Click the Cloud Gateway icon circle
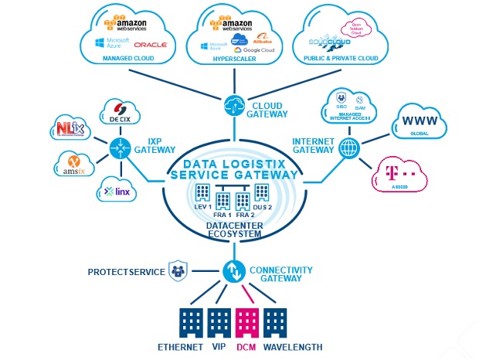pyautogui.click(x=233, y=106)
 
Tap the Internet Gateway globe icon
pyautogui.click(x=349, y=148)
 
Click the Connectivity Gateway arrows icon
pyautogui.click(x=233, y=272)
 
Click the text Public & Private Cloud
pyautogui.click(x=341, y=59)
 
